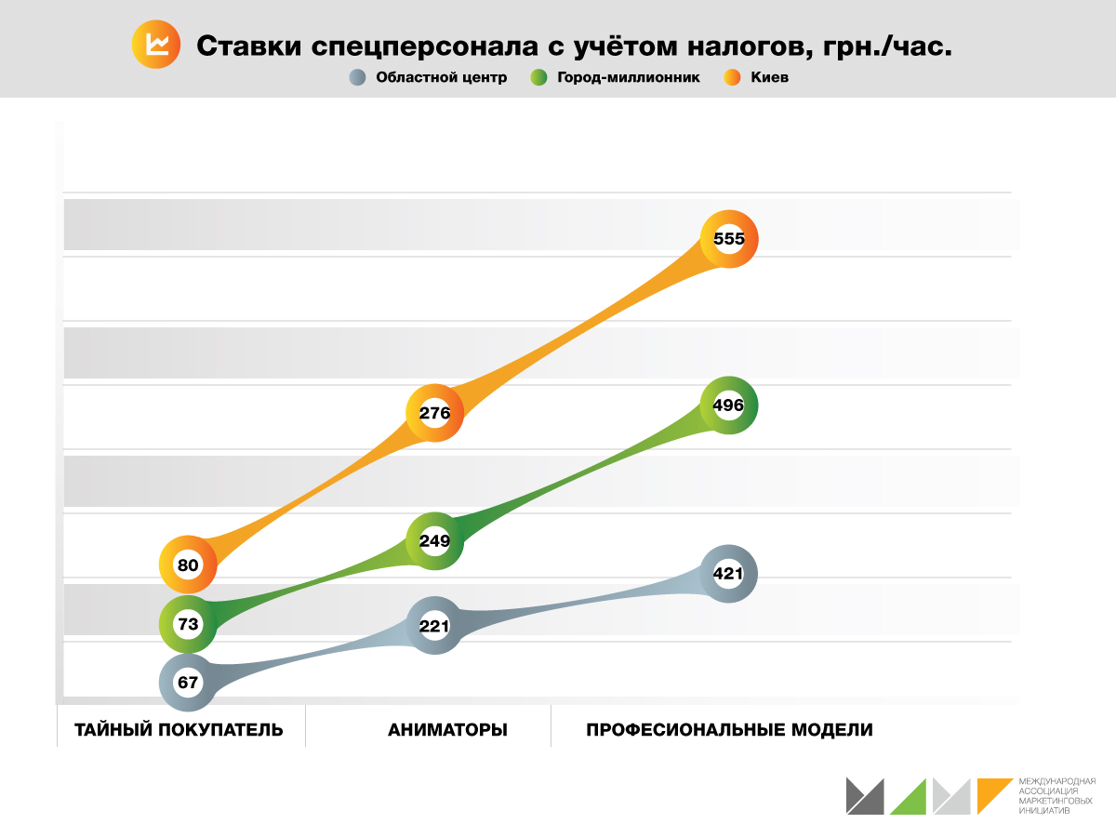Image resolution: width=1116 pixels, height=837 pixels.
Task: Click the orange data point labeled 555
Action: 729,239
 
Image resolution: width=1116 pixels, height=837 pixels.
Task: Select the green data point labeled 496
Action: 729,405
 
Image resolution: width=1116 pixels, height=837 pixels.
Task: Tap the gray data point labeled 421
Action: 728,574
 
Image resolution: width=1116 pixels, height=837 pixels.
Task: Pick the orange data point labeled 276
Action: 434,413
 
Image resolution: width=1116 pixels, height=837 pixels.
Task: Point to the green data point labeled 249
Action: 434,540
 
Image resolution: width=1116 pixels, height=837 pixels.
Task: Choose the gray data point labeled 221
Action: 434,626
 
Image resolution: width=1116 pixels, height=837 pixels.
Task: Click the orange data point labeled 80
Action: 188,565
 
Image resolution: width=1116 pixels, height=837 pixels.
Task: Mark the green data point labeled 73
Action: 188,624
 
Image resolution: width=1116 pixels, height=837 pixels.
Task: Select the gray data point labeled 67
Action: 188,683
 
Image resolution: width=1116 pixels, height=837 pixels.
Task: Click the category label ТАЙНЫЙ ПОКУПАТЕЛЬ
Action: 179,730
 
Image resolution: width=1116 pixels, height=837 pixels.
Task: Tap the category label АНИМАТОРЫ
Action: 447,730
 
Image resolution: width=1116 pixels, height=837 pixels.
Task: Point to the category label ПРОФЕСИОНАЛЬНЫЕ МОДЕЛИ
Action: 729,730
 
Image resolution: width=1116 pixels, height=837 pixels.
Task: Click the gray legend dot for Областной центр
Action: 356,78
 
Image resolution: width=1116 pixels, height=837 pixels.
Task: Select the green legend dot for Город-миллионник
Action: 538,78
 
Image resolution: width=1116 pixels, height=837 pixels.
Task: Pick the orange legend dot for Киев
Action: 731,78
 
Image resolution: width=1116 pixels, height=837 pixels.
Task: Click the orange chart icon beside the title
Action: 156,46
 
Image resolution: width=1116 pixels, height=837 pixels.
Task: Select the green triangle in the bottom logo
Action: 912,799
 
